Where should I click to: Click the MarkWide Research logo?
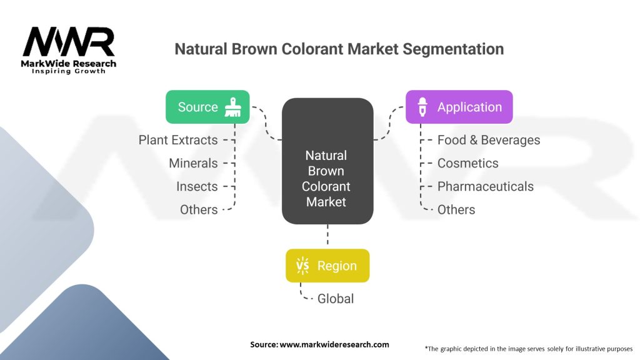(x=69, y=50)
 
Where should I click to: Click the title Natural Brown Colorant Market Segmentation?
(x=339, y=49)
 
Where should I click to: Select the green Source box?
(x=207, y=107)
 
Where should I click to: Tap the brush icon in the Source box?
(x=233, y=107)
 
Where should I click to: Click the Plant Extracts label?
(x=178, y=140)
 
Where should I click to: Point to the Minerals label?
(x=193, y=163)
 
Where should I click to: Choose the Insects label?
(x=197, y=186)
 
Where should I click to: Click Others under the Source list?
(x=199, y=209)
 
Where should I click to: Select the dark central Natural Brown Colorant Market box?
(x=327, y=161)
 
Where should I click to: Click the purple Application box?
(x=459, y=107)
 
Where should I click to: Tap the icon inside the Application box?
(x=422, y=107)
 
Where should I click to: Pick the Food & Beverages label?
(x=489, y=140)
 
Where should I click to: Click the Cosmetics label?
(x=467, y=163)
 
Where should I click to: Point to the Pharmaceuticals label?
(x=485, y=186)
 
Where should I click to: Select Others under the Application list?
(x=456, y=209)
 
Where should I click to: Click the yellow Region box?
(x=327, y=266)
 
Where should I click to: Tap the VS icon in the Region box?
(x=302, y=266)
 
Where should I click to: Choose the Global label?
(x=336, y=299)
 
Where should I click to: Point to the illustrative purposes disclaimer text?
(x=528, y=348)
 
